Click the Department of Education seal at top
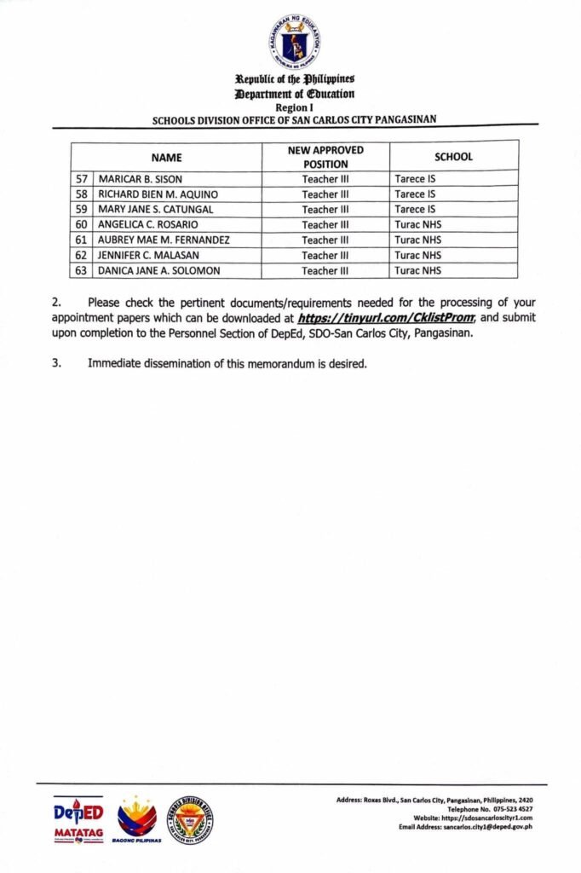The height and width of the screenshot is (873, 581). [296, 43]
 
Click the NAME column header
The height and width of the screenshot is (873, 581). [166, 157]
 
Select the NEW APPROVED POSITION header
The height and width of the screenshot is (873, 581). [325, 157]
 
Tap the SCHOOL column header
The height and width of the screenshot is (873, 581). [453, 157]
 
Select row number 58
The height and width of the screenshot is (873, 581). [82, 194]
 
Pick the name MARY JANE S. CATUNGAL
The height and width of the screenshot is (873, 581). [156, 210]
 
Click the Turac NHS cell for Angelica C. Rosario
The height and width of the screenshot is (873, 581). [418, 225]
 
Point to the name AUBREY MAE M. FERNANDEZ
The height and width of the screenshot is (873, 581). [164, 240]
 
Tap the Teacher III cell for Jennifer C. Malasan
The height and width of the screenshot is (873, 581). [325, 256]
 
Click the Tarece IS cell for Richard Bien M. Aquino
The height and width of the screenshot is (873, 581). [415, 194]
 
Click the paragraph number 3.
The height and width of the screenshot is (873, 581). [57, 364]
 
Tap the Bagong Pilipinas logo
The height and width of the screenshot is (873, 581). [136, 820]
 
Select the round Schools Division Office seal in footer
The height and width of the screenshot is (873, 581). [189, 820]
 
